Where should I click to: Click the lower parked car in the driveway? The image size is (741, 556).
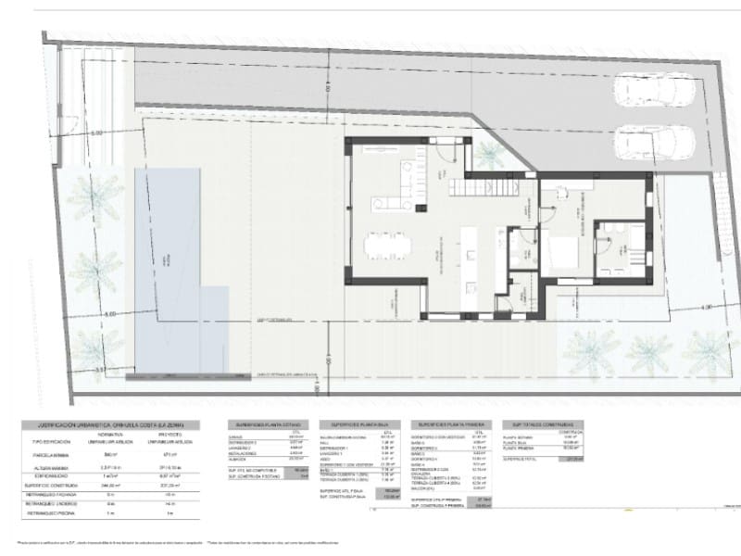point(654,142)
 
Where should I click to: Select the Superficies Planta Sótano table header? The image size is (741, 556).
point(267,424)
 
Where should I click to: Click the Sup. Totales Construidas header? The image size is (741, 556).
point(542,424)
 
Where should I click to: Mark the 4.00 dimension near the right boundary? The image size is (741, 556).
point(707,307)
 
